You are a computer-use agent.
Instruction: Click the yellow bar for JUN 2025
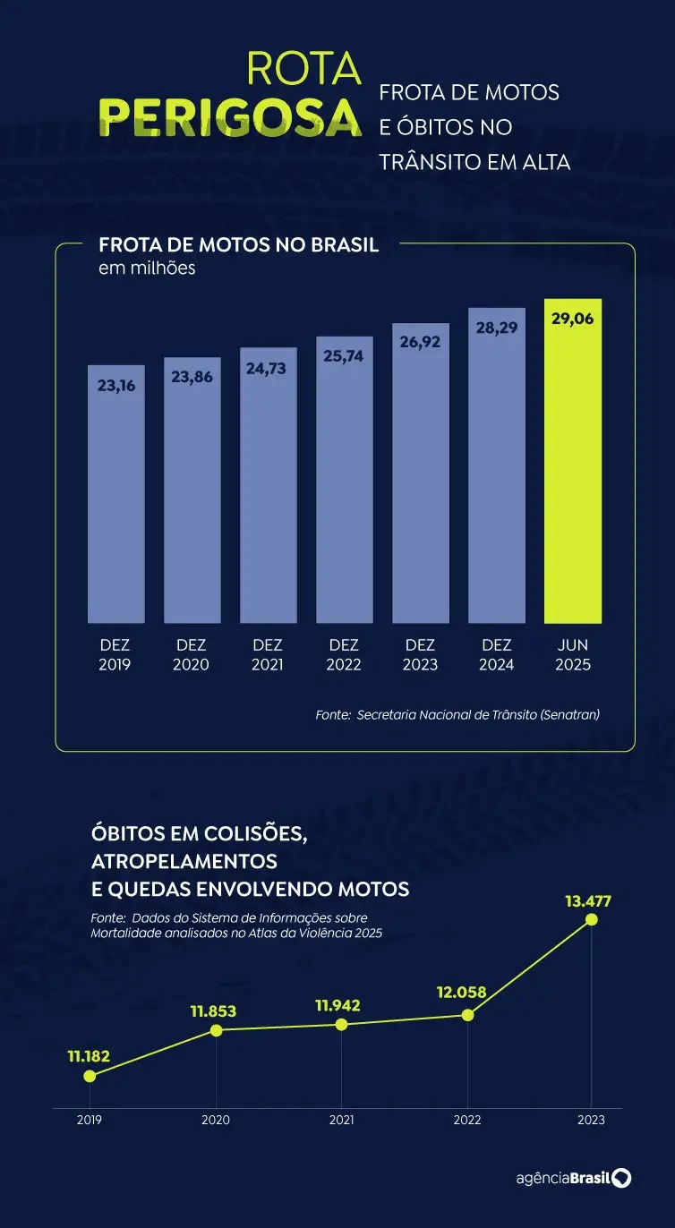[x=573, y=461]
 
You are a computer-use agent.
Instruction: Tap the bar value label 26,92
[x=420, y=342]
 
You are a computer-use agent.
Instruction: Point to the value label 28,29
[x=497, y=328]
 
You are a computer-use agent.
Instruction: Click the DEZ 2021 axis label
[x=268, y=654]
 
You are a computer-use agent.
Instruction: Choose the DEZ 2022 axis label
[x=344, y=654]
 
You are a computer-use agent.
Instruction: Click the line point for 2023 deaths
[x=591, y=919]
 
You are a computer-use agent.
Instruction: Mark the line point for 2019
[x=89, y=1076]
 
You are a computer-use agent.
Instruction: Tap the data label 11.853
[x=214, y=1011]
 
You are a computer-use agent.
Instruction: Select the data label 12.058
[x=466, y=993]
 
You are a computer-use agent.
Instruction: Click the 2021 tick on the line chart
[x=341, y=1120]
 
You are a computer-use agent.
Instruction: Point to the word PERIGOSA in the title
[x=230, y=117]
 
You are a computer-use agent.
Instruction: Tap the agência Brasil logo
[x=573, y=1178]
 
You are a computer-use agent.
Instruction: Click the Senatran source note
[x=457, y=714]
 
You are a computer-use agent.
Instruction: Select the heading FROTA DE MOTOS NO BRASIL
[x=238, y=245]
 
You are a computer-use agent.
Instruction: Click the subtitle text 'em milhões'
[x=147, y=268]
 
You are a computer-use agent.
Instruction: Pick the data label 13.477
[x=588, y=900]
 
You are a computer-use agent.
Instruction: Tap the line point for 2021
[x=341, y=1024]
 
